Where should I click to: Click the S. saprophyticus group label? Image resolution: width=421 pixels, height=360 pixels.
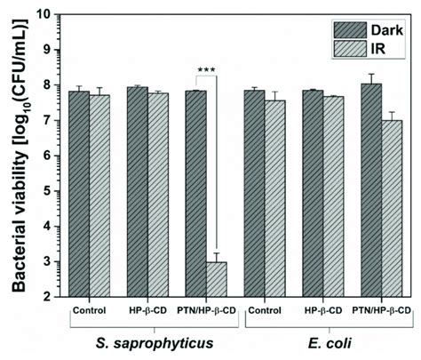point(148,342)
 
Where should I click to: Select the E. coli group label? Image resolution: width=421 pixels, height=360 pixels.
point(320,342)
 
